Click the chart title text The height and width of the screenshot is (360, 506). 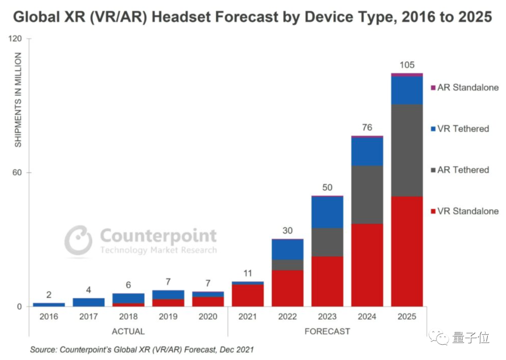[253, 17]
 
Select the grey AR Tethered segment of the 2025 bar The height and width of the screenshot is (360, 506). [407, 150]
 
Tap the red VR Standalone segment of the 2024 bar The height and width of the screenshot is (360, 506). [367, 264]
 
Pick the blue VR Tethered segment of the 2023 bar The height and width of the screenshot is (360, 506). [327, 212]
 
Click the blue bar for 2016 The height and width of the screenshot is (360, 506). [49, 305]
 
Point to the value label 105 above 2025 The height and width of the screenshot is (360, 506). [407, 65]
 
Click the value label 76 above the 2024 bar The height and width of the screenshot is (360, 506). [367, 127]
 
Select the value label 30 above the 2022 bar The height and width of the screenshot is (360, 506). [287, 230]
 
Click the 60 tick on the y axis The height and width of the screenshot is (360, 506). [18, 172]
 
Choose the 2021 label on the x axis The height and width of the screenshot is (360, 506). [247, 317]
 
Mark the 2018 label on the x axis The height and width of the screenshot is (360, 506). [128, 317]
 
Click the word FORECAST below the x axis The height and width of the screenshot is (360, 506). [327, 331]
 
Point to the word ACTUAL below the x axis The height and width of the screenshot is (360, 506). [128, 331]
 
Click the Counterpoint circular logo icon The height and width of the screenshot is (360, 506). [78, 241]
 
